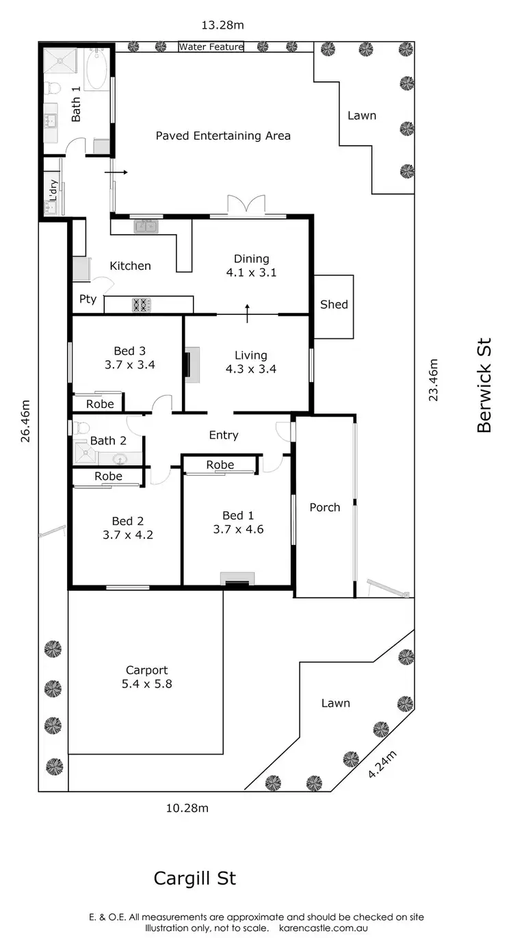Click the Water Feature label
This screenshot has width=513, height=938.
[x=211, y=47]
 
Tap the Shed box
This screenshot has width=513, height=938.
[x=334, y=305]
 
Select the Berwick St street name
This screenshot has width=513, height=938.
[x=484, y=385]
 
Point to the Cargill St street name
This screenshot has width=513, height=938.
[x=195, y=878]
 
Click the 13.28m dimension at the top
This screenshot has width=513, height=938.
[x=222, y=25]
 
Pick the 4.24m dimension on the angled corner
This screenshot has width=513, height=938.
[x=382, y=763]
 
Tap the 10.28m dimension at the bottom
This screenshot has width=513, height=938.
[x=187, y=808]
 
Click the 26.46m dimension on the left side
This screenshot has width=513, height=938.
[x=26, y=422]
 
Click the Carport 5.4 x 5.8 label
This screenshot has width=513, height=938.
[x=147, y=677]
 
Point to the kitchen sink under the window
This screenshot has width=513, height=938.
[x=146, y=226]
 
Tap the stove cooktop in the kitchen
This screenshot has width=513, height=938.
[x=141, y=305]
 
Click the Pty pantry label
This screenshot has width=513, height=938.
[x=88, y=299]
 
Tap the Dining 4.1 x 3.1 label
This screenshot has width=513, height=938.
[x=251, y=266]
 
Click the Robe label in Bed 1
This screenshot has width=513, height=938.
[x=220, y=465]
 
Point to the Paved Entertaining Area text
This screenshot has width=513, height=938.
[x=223, y=136]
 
